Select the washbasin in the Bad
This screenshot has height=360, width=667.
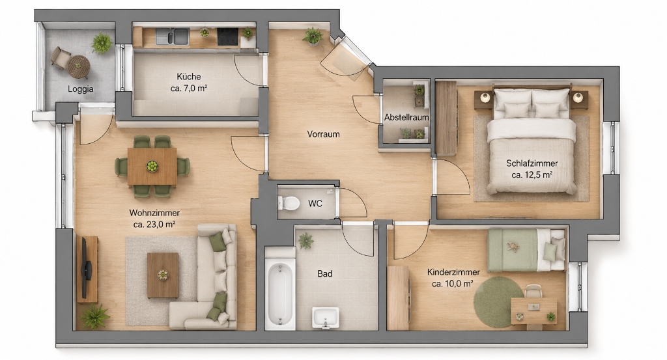pos(326,318)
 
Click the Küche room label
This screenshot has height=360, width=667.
pos(189,77)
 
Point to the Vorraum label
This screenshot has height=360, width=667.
pos(323,134)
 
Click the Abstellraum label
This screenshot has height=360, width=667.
pos(406,117)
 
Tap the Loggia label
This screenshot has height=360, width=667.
pos(80,89)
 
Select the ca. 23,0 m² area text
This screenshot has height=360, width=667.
pos(154,225)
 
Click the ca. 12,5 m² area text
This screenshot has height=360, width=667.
pos(532,174)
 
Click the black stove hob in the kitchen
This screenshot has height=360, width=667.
pos(227,36)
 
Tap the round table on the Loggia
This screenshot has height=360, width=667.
pos(79,67)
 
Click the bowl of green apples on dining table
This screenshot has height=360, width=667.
pos(152,166)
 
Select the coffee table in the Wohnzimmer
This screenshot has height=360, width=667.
pos(162,275)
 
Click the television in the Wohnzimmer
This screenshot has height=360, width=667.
pos(85,268)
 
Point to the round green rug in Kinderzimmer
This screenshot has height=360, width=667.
pos(498,302)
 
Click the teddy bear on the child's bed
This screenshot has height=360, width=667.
pos(513,247)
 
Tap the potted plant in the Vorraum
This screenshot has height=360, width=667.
pos(313,36)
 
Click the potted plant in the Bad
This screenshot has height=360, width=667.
pos(305,241)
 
